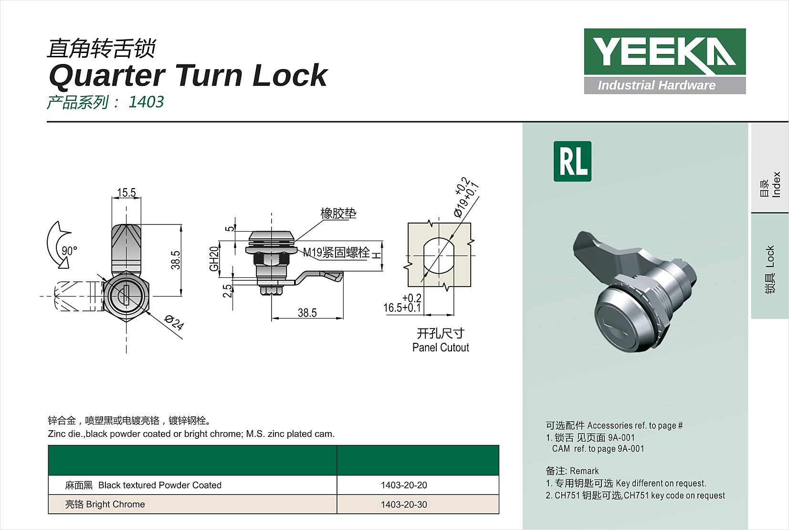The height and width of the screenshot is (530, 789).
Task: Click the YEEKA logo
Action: tap(664, 61)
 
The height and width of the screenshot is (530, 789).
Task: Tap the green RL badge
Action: tap(572, 161)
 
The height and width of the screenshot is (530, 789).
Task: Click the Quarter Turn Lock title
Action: tap(188, 75)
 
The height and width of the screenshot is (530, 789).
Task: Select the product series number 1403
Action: tap(146, 102)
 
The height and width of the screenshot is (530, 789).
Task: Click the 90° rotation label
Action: tap(69, 251)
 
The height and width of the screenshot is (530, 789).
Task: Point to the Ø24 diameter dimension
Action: tap(174, 323)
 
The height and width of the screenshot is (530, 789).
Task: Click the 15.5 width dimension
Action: tap(126, 192)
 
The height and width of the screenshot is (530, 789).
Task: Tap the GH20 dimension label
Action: tap(214, 258)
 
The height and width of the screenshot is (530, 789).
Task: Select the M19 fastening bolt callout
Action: tap(337, 253)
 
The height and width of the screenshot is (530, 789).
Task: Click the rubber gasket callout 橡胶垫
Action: tap(338, 213)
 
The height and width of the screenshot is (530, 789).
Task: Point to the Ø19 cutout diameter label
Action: tap(466, 197)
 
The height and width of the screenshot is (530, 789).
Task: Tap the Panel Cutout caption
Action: tap(441, 348)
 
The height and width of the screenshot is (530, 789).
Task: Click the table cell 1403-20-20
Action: tap(404, 485)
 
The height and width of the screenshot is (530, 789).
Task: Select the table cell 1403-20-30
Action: tap(404, 505)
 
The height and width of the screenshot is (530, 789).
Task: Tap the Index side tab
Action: tap(770, 184)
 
